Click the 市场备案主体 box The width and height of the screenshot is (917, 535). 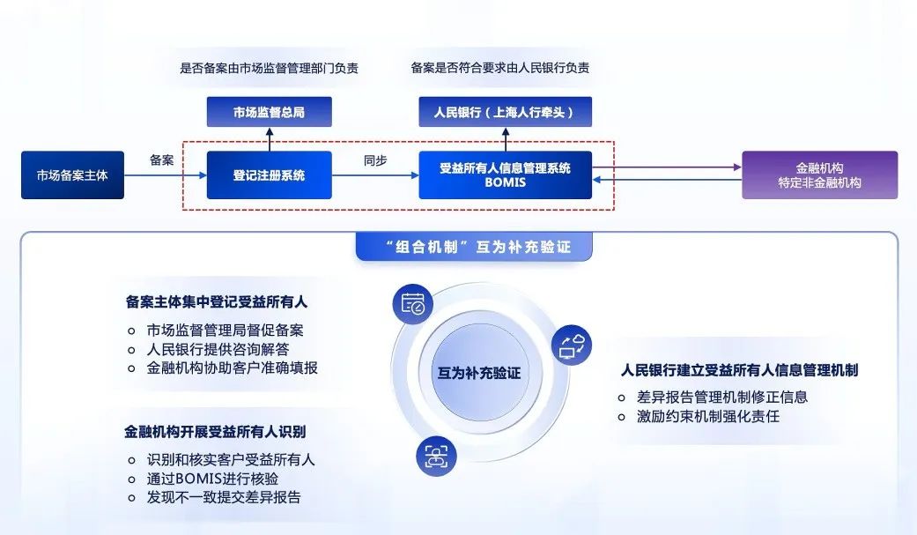click(x=72, y=175)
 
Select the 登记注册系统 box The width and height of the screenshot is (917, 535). click(x=269, y=175)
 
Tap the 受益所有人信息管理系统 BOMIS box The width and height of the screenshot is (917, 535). click(x=505, y=175)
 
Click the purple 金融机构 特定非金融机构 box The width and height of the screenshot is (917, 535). click(x=819, y=175)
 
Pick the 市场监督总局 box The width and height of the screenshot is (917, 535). click(x=269, y=112)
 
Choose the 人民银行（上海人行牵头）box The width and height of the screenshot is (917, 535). click(x=505, y=112)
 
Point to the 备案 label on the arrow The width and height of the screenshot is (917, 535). click(x=162, y=160)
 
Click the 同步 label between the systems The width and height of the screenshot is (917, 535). click(x=376, y=160)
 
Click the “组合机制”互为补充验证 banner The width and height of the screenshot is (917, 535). click(x=474, y=247)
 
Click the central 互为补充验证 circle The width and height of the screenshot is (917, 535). click(x=479, y=373)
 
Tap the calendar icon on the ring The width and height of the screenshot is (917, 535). click(x=412, y=304)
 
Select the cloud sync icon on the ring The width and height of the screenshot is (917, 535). click(x=571, y=346)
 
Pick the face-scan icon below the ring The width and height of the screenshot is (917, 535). click(x=435, y=456)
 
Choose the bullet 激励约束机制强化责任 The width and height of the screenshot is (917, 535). click(x=708, y=416)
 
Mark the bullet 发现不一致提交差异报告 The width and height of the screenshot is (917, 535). click(x=224, y=497)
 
